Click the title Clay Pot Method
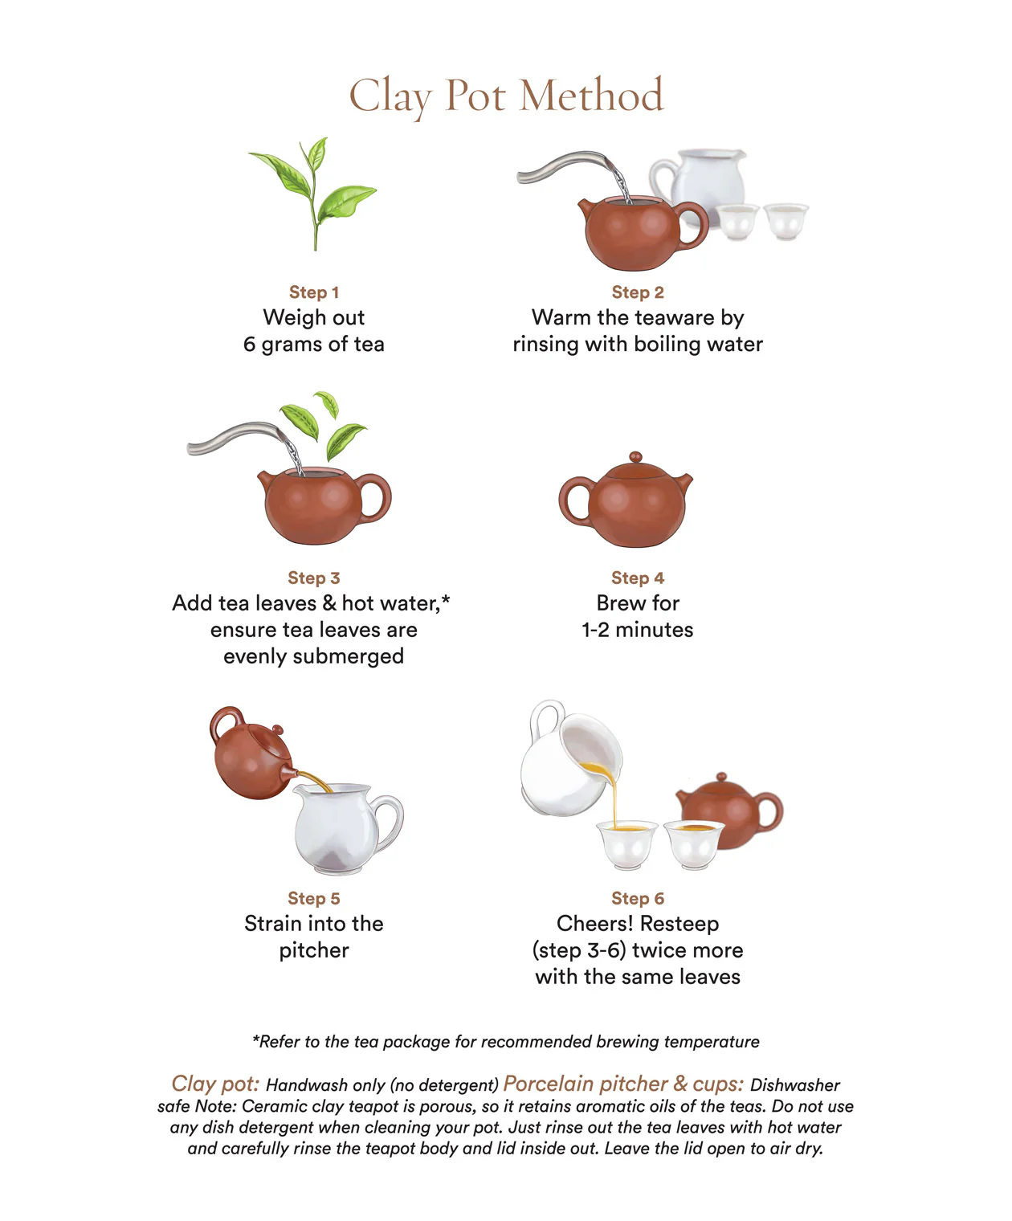[x=506, y=96]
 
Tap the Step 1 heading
[x=314, y=292]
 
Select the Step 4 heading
[x=637, y=578]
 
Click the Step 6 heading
[x=637, y=898]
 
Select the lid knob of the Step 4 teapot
[x=635, y=457]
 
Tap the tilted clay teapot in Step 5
[x=249, y=755]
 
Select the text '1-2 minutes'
[x=637, y=630]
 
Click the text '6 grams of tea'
[x=314, y=345]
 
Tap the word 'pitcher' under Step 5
[x=314, y=950]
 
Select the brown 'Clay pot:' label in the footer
[x=215, y=1084]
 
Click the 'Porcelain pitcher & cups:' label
[x=623, y=1084]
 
